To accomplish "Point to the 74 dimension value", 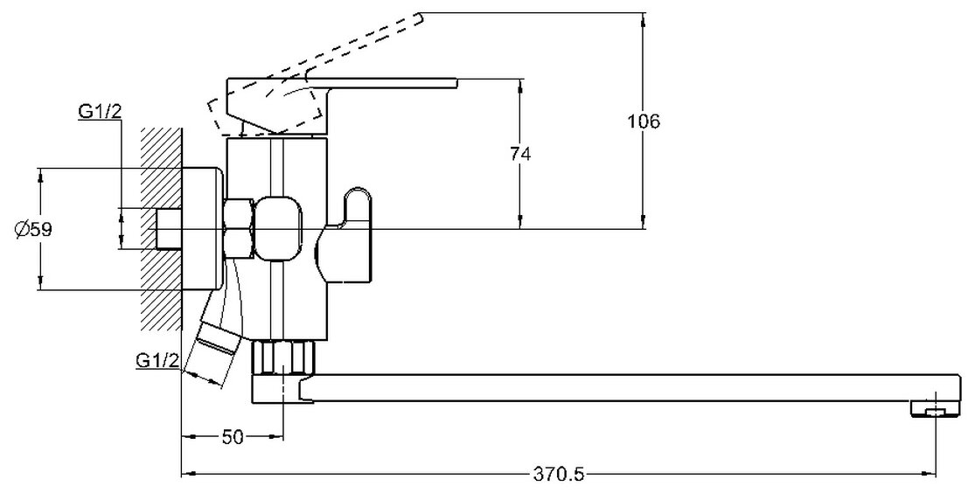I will coord(520,153).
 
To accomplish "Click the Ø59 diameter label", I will coord(33,230).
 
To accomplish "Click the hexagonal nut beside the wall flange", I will coord(238,229).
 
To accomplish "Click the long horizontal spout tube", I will coord(612,387).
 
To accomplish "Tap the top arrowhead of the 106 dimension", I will coord(644,17).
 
